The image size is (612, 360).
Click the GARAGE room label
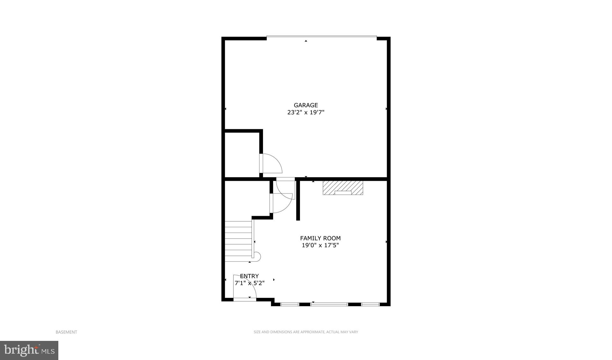coord(306,105)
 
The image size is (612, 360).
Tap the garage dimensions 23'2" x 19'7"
coord(306,112)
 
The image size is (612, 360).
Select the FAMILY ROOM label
coord(320,238)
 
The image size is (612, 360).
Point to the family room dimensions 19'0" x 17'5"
coord(320,245)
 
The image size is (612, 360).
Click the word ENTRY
coord(249,276)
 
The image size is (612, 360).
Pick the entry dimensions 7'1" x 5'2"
coord(249,283)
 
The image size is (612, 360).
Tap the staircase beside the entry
coord(238,241)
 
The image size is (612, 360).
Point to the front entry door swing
coord(245,287)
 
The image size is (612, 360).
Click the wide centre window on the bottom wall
coord(329,305)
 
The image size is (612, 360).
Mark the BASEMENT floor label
coord(66,332)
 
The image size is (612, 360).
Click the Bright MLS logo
coord(29,350)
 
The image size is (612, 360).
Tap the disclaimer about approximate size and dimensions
coord(306,332)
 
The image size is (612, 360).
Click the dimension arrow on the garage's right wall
coord(386,109)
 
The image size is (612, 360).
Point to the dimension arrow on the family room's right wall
coord(386,242)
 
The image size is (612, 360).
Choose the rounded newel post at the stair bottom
coord(258,256)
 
